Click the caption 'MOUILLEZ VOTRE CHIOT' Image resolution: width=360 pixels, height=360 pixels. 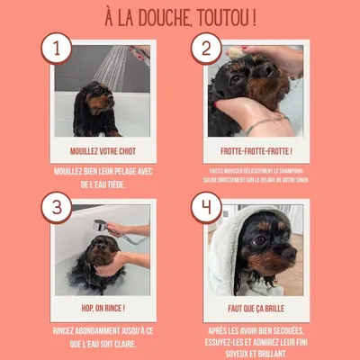click(102, 152)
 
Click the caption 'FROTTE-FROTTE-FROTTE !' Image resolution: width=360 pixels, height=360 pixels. click(256, 152)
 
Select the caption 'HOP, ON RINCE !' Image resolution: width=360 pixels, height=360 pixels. click(102, 309)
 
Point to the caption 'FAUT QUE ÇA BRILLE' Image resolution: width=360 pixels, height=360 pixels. click(256, 309)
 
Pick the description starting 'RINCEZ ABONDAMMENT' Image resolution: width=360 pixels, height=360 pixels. click(102, 336)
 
